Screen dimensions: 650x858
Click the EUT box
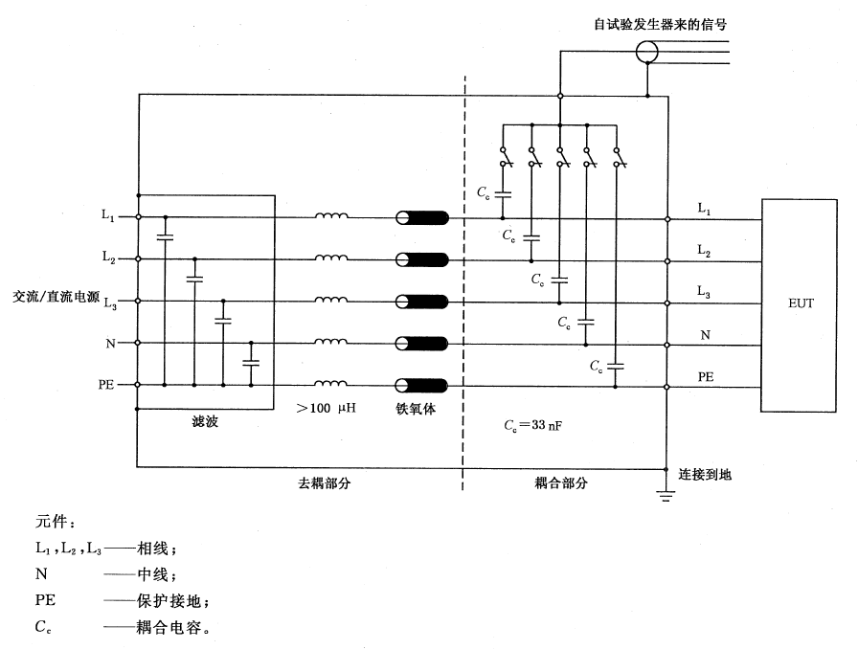click(x=802, y=304)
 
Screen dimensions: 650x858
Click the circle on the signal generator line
click(x=648, y=52)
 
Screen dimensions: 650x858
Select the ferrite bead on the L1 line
click(x=423, y=217)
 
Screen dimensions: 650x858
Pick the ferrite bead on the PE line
click(x=423, y=385)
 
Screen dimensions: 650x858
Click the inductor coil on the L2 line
click(x=331, y=258)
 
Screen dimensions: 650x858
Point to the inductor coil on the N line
click(x=331, y=341)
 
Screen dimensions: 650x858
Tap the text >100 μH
click(x=327, y=409)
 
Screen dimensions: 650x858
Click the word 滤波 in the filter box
click(x=205, y=421)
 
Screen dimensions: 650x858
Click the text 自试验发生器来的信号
click(x=653, y=22)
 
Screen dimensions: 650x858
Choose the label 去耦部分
click(x=325, y=483)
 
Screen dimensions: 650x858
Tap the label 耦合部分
click(x=562, y=483)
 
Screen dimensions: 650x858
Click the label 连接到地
click(x=706, y=474)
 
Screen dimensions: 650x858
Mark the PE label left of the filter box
click(x=106, y=385)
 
